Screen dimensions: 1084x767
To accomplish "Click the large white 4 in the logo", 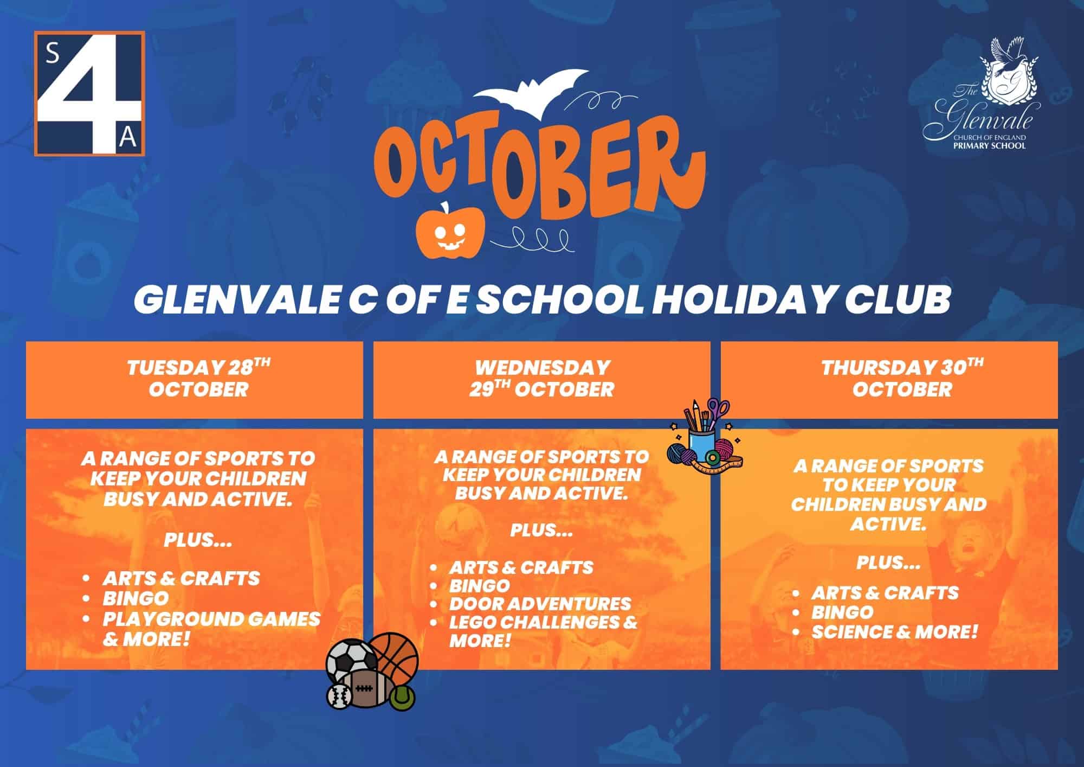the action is [88, 93].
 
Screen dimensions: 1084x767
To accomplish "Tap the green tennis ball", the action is [402, 696].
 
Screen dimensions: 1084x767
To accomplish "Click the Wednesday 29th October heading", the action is [542, 378].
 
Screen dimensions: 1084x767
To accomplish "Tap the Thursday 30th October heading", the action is [902, 378].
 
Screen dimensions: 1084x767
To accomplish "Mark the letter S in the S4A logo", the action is [53, 55].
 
